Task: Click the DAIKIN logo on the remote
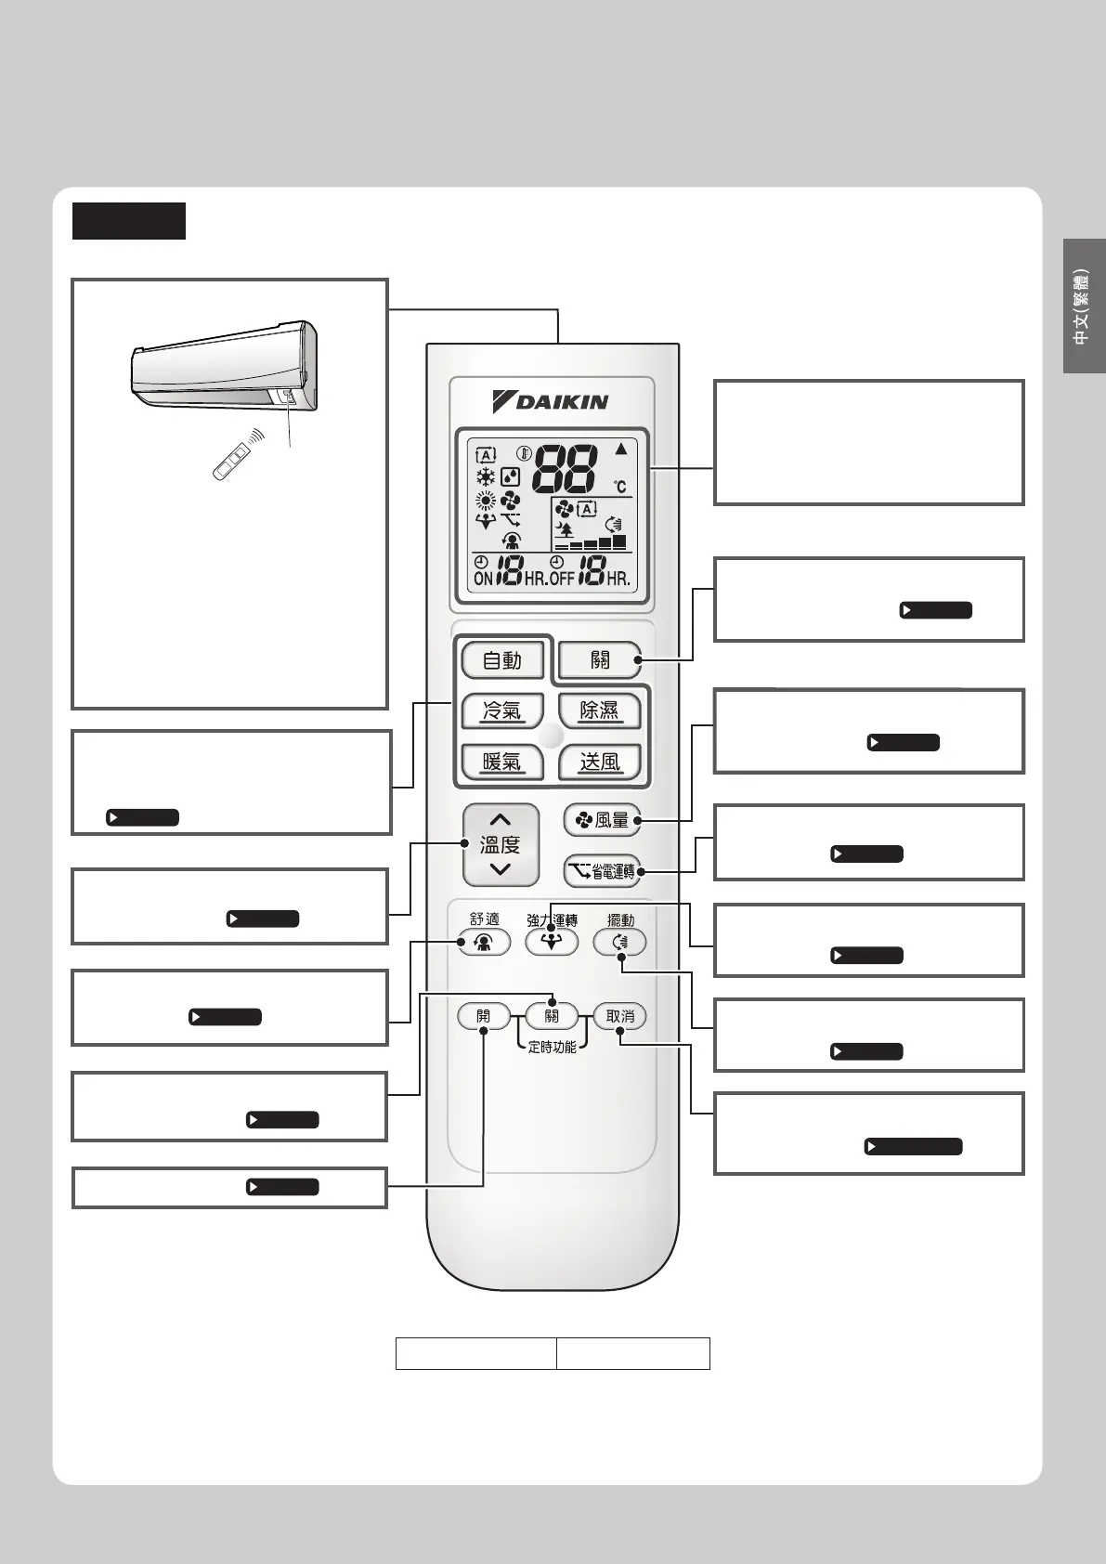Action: [551, 401]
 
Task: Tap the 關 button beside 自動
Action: [600, 660]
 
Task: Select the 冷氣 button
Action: [501, 711]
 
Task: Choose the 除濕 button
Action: [599, 711]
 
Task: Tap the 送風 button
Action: [599, 762]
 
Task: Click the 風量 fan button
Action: [602, 820]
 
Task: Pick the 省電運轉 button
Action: [602, 871]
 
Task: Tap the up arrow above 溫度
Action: [501, 820]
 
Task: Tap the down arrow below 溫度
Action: [501, 869]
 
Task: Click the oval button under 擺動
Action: [620, 943]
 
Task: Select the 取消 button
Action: [620, 1016]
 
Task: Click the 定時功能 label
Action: [552, 1047]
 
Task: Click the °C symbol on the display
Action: [619, 487]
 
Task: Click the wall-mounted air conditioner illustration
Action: [224, 367]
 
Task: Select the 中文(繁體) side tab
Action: [1082, 306]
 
